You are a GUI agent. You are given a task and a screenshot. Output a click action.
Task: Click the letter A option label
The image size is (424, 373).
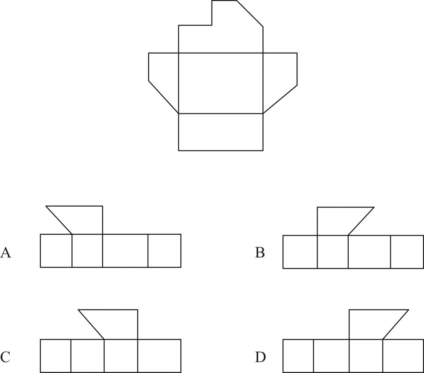pyautogui.click(x=5, y=252)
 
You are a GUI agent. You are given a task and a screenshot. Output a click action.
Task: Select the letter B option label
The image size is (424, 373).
pyautogui.click(x=260, y=252)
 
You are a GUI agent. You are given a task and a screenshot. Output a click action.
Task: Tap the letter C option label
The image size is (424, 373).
pyautogui.click(x=5, y=357)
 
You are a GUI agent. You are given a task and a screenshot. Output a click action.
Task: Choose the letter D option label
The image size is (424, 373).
pyautogui.click(x=260, y=357)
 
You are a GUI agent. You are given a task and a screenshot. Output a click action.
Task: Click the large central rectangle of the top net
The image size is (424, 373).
pyautogui.click(x=221, y=83)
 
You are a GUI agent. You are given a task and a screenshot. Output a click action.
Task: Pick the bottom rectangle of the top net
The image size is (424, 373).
pyautogui.click(x=221, y=132)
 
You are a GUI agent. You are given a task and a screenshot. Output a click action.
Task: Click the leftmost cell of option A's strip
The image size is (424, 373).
pyautogui.click(x=56, y=250)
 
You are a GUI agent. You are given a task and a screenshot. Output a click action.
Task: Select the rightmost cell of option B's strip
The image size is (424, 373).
pyautogui.click(x=407, y=252)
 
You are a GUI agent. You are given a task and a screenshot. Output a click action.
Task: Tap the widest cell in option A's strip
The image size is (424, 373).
pyautogui.click(x=125, y=250)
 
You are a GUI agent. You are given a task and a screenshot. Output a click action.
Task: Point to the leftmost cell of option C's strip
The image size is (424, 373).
pyautogui.click(x=56, y=355)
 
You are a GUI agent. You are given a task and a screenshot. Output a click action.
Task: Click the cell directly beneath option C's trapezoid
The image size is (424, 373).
pyautogui.click(x=121, y=355)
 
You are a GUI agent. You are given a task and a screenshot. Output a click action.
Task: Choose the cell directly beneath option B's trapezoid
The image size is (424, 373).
pyautogui.click(x=333, y=252)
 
